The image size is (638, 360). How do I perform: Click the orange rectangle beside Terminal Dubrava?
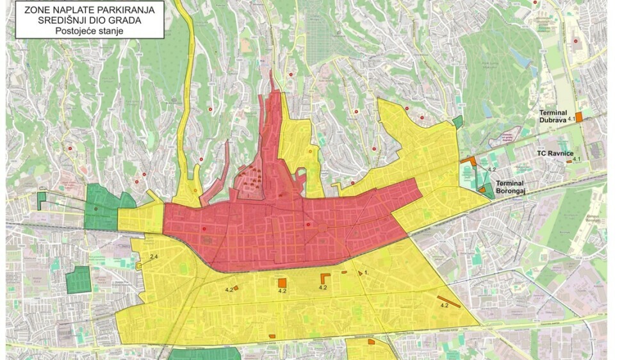(578, 117)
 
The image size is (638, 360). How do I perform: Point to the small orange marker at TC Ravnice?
(569, 162)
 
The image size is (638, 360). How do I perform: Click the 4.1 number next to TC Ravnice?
(577, 159)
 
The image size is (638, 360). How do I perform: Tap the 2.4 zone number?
(153, 257)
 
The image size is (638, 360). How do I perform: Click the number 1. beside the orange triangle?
(367, 273)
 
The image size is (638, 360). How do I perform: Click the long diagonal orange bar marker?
(449, 301)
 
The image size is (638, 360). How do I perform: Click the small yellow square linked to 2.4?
(139, 265)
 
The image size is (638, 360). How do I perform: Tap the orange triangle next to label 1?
(361, 274)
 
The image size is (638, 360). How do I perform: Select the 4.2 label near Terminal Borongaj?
(492, 169)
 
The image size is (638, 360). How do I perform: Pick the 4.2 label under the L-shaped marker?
(323, 288)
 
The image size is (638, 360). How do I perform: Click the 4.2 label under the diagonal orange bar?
(444, 306)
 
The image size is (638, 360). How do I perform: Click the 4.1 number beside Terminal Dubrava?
(563, 128)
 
